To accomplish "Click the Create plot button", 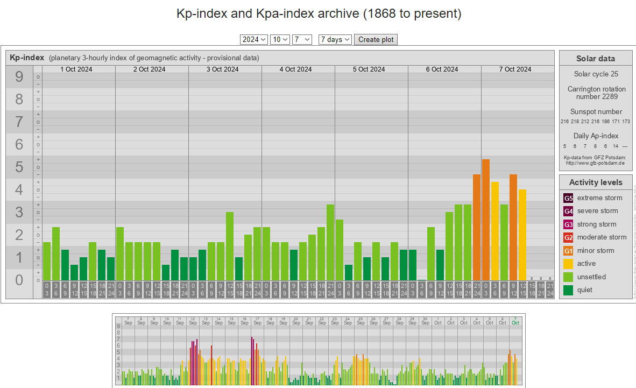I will tap(376, 39).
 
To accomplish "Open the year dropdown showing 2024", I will tap(254, 39).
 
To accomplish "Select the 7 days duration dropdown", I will tap(335, 39).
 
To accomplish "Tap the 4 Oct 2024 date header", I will tap(295, 69).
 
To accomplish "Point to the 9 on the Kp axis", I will tap(19, 77).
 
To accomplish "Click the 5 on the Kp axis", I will tap(19, 167).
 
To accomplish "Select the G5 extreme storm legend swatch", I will tap(568, 198).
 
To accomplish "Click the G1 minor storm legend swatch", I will tap(568, 251).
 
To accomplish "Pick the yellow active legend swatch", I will tap(568, 264).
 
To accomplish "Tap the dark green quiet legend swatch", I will tap(568, 290).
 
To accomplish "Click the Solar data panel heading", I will tap(595, 59).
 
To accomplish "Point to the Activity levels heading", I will tap(596, 182).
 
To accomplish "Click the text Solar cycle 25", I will tap(596, 74).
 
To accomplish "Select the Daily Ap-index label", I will tap(596, 136).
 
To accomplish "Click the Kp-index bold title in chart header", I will tap(27, 58).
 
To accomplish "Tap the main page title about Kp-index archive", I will tap(319, 13).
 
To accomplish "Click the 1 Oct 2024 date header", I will tap(76, 69).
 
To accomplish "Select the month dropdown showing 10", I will tap(280, 39).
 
